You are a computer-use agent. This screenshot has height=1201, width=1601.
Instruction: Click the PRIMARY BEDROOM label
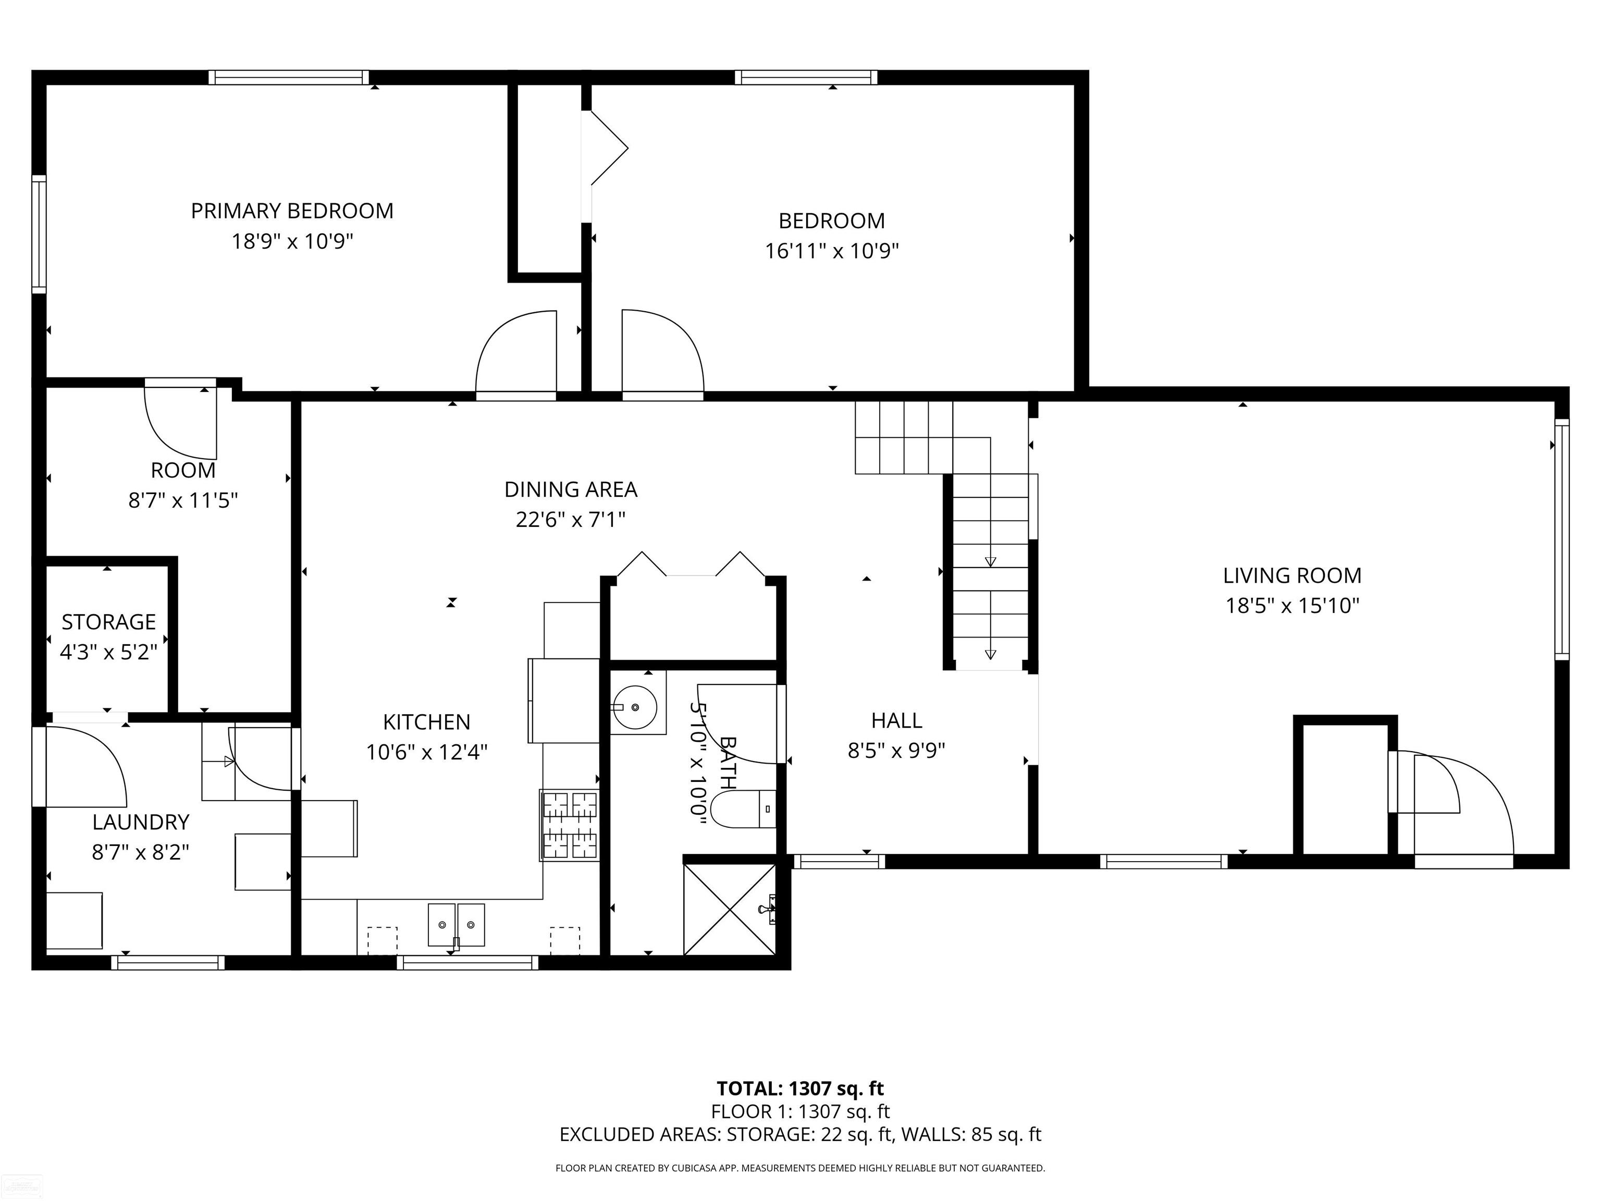[x=292, y=211]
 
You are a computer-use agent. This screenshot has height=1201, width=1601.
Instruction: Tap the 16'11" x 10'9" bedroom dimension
[x=832, y=251]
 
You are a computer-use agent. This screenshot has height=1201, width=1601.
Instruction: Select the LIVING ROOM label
[x=1292, y=575]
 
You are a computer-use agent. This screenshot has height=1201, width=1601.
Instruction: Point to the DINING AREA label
[x=570, y=489]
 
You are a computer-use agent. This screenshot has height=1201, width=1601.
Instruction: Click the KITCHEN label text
[x=426, y=722]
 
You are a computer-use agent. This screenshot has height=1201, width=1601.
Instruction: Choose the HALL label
[x=896, y=720]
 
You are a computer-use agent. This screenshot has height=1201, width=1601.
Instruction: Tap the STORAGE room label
[x=108, y=622]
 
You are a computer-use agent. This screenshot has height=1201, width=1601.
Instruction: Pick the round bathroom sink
[x=635, y=706]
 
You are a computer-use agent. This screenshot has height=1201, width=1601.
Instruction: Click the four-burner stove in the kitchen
[x=570, y=825]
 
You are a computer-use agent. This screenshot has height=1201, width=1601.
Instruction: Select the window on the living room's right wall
[x=1562, y=540]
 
